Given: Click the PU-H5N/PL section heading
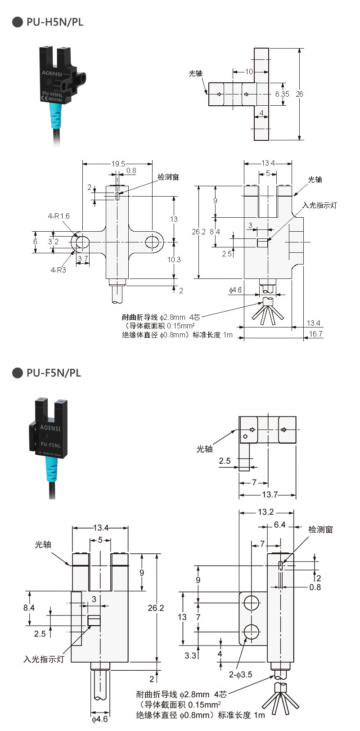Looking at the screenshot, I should click(54, 22).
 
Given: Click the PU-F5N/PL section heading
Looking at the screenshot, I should click(54, 372).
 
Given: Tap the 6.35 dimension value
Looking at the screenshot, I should click(282, 94).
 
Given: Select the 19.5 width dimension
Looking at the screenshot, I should click(118, 164).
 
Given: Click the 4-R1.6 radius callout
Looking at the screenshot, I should click(59, 216).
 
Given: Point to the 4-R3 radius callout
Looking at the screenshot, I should click(58, 270).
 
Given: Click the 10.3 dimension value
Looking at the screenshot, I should click(174, 260).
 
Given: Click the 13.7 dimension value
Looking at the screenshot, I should click(270, 494).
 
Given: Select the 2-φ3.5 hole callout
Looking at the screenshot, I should click(240, 674).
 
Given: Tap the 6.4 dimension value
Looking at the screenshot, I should click(279, 525).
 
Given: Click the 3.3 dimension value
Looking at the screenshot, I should click(190, 655).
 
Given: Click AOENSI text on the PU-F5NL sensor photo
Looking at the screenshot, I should click(50, 428).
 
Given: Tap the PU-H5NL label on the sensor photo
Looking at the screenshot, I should click(52, 94).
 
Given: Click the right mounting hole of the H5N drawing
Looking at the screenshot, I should click(152, 242).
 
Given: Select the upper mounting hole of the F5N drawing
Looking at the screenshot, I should click(251, 603).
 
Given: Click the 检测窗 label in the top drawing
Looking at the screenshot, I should click(168, 177).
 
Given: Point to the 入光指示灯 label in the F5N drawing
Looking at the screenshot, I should click(44, 659).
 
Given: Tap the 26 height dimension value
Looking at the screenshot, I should click(299, 94).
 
